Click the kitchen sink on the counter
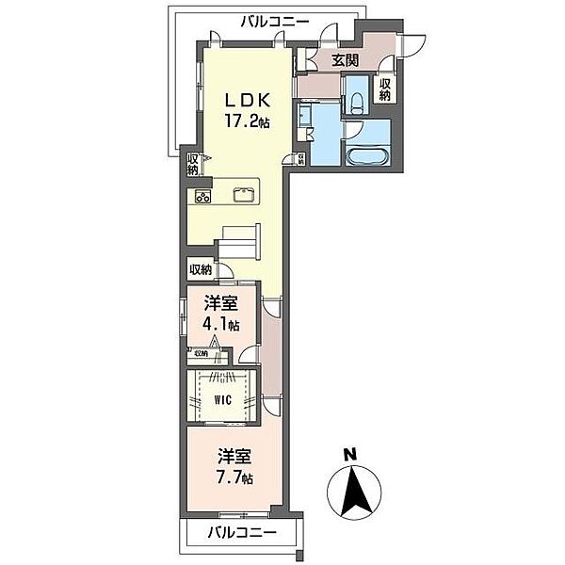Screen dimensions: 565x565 point(244,196)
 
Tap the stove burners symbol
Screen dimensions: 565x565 point(202,196)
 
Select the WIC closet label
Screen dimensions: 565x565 point(222,399)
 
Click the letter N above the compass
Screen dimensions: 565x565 point(350,454)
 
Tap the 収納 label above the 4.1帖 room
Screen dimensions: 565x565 point(202,270)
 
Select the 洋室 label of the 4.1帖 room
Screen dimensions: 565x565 point(221,304)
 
